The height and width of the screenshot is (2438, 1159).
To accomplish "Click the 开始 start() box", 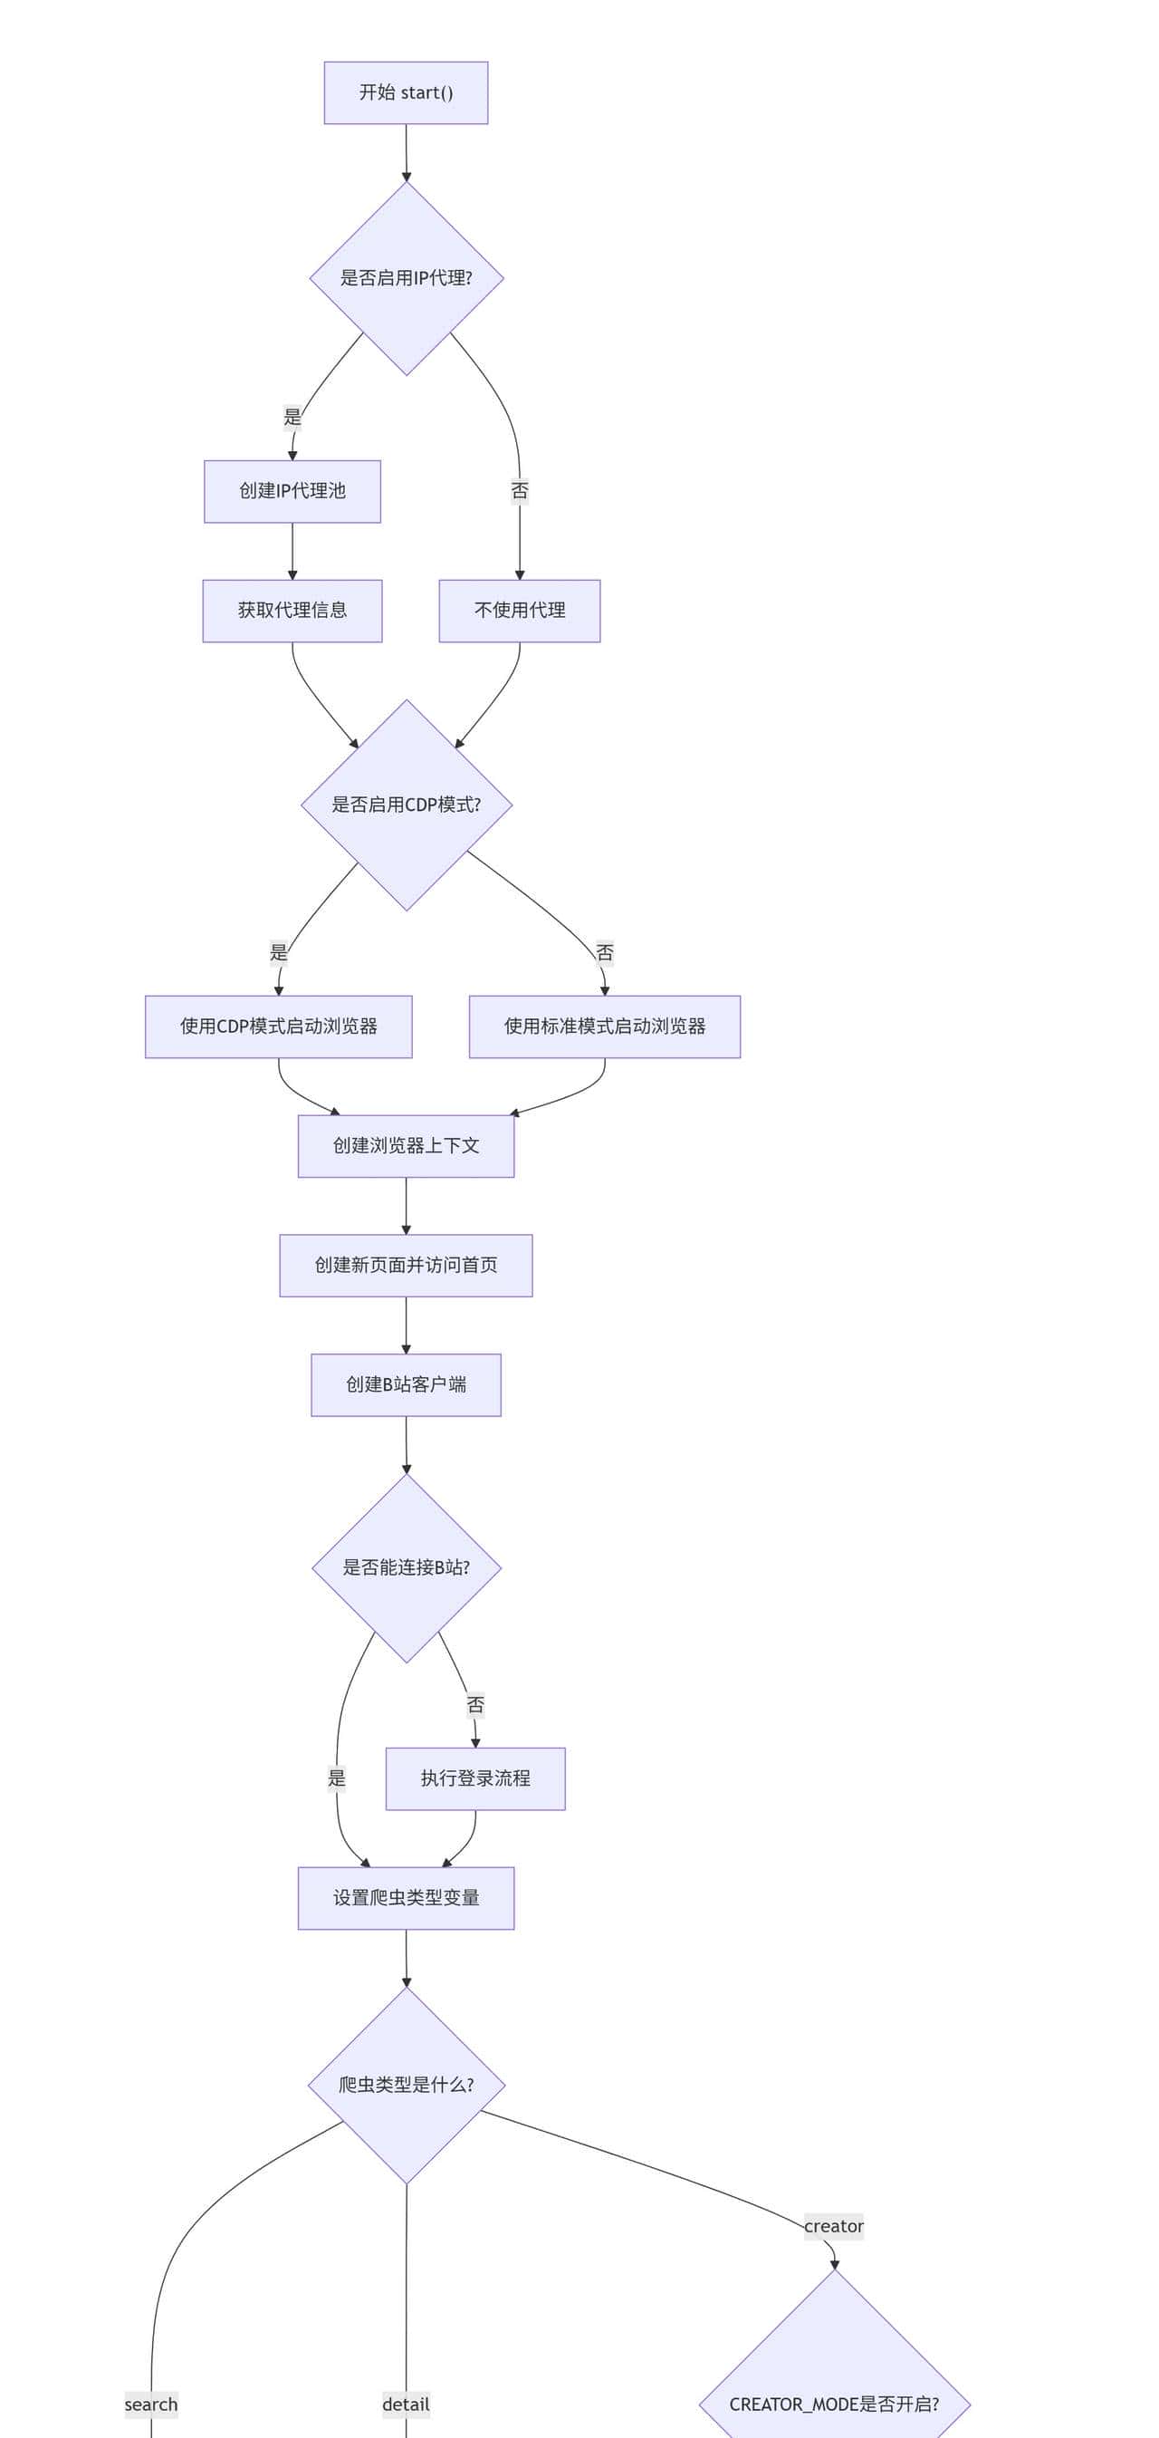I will point(406,92).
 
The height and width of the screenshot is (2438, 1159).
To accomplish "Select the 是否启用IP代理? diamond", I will point(406,278).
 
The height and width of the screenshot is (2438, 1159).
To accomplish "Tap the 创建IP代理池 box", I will point(292,491).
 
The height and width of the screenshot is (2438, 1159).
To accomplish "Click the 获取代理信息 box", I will point(292,611).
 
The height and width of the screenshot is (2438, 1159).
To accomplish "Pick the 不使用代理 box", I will point(520,611).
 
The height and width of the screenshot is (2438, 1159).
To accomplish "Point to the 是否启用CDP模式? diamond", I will point(406,805).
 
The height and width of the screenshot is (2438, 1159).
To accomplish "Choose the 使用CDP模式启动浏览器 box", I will point(278,1026).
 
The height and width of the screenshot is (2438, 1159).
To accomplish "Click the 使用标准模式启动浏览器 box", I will point(605,1026).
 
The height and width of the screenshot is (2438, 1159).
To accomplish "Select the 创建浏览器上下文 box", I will point(406,1145).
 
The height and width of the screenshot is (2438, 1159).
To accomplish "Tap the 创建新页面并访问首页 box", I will point(406,1265).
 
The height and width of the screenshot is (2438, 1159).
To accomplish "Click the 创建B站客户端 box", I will point(406,1384).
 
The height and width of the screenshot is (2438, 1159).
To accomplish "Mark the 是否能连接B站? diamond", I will point(406,1567).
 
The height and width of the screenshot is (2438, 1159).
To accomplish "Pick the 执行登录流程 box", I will point(475,1778).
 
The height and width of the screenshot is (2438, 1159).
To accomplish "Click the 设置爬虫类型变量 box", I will point(406,1898).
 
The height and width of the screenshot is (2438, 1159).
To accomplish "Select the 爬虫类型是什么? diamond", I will point(406,2085).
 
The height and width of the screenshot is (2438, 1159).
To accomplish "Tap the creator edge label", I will point(834,2226).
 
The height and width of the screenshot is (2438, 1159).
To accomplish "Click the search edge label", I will point(151,2404).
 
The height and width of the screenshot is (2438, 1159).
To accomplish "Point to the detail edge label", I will point(406,2404).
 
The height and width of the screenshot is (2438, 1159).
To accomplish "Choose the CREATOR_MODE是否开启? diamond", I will point(834,2404).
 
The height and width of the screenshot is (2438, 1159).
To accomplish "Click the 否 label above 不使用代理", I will point(520,490).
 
